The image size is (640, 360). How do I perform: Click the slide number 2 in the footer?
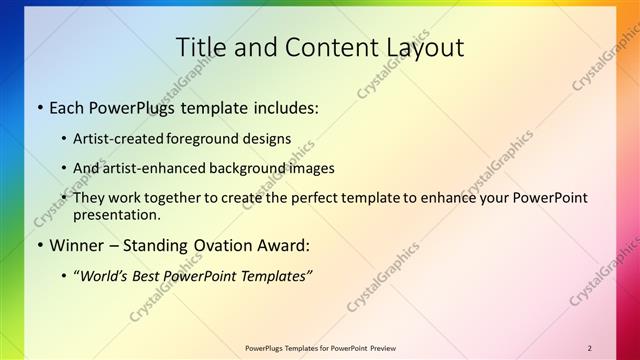click(x=590, y=348)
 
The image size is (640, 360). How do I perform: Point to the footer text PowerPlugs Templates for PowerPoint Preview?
click(x=320, y=348)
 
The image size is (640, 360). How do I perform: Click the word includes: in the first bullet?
click(x=286, y=106)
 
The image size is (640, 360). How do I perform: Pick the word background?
click(x=243, y=168)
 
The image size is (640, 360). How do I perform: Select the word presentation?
click(x=116, y=214)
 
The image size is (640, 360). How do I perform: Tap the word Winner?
click(x=77, y=245)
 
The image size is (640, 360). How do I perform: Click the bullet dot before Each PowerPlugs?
click(x=39, y=107)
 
